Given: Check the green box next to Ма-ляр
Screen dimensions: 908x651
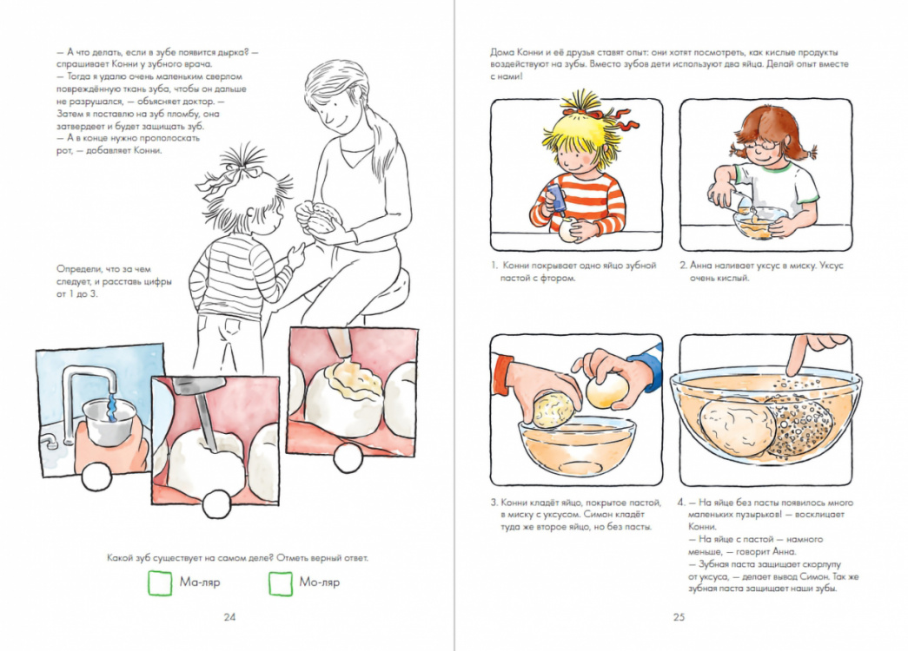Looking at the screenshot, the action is click(161, 582).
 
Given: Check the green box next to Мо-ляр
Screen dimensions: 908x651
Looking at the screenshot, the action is click(281, 582).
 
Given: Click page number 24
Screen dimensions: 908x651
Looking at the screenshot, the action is click(229, 617).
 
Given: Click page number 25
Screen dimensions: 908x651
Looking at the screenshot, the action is click(679, 617).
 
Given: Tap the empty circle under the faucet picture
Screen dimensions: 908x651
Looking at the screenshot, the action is click(96, 477).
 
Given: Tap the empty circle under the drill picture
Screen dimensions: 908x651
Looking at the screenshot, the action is click(216, 503).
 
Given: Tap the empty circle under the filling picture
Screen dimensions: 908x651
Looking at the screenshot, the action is click(348, 459).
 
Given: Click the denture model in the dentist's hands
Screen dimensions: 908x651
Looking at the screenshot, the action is click(318, 217).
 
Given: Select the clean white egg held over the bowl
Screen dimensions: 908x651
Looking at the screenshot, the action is click(606, 391).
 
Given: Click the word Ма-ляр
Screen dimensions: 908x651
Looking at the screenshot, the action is click(200, 582).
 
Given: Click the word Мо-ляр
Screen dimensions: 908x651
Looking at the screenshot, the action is click(320, 582).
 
